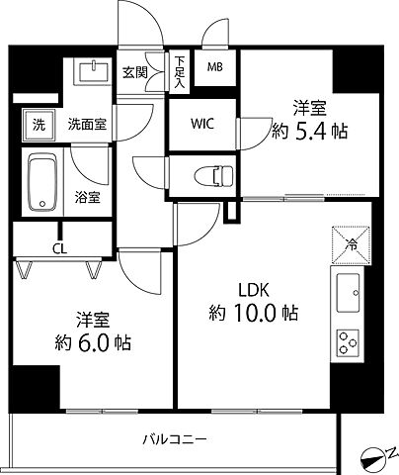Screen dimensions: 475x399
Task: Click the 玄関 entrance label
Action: (x=134, y=71)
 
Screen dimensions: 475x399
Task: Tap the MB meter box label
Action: (x=214, y=67)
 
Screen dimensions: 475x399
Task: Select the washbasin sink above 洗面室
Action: (x=95, y=76)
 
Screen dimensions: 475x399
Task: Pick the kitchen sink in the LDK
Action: (x=350, y=291)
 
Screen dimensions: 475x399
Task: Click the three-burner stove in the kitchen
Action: (x=350, y=341)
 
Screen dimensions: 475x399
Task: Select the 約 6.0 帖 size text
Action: (x=91, y=345)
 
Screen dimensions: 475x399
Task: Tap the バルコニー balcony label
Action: (x=175, y=437)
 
